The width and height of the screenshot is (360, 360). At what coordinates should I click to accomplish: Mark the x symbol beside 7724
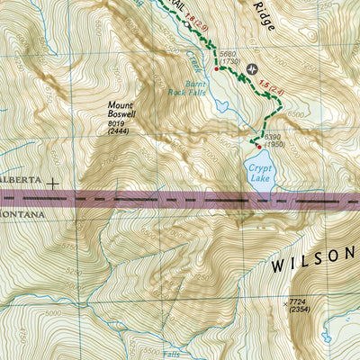(x=284, y=304)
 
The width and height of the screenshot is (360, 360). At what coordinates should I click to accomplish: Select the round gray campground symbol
(x=250, y=68)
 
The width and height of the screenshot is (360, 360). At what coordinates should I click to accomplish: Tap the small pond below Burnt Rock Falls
(x=221, y=105)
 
